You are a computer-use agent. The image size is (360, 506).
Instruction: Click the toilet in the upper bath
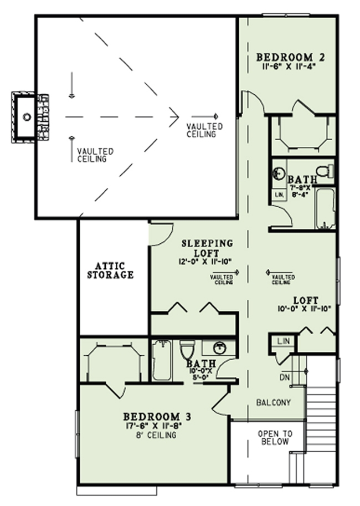click(325, 171)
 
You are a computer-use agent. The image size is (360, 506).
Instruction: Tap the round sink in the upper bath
click(280, 173)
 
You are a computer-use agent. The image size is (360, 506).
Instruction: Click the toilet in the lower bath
click(187, 351)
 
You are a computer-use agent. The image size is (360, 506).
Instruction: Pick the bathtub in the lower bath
click(162, 360)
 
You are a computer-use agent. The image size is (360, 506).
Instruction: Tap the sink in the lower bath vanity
click(219, 347)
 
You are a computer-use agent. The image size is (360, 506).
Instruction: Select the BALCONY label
click(274, 402)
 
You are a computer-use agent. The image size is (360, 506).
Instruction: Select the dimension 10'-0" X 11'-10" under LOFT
click(304, 309)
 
